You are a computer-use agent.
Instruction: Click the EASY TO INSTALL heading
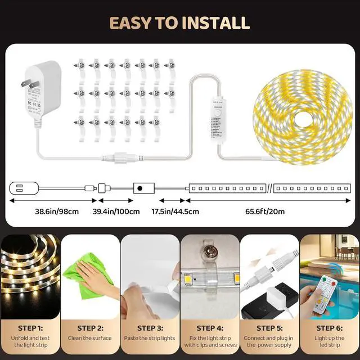179,22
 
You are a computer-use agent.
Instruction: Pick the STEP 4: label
210,327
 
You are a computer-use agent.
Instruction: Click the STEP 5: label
269,327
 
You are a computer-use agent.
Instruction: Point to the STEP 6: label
330,327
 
